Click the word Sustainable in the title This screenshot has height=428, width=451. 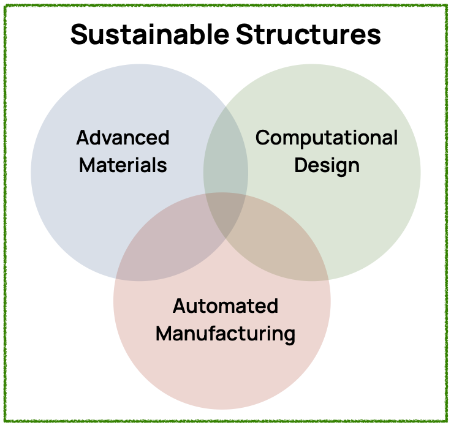tap(150, 35)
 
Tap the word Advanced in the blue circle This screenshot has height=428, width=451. tap(123, 137)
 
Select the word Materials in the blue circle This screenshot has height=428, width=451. tap(123, 165)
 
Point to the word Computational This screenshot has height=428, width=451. tap(327, 137)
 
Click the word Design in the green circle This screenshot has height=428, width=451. tap(327, 165)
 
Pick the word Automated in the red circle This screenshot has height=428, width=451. tap(225, 306)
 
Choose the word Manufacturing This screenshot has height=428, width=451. tap(225, 334)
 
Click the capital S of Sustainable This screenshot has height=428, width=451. tap(78, 35)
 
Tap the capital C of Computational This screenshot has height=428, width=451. tap(262, 137)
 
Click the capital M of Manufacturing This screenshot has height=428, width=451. tap(164, 334)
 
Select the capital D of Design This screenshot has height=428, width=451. tap(300, 165)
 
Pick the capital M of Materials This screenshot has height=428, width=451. tap(87, 165)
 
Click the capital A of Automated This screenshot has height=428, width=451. tap(179, 306)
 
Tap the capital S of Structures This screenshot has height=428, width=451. tap(244, 35)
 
